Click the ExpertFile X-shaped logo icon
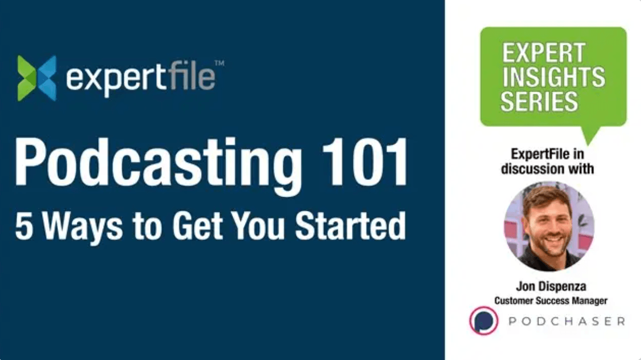coord(37,78)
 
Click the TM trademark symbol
coord(220,63)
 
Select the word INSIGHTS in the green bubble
coord(553,77)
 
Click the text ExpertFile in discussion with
coord(547,161)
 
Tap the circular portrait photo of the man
coord(549,226)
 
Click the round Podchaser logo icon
coord(484,321)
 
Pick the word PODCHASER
coord(566,321)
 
